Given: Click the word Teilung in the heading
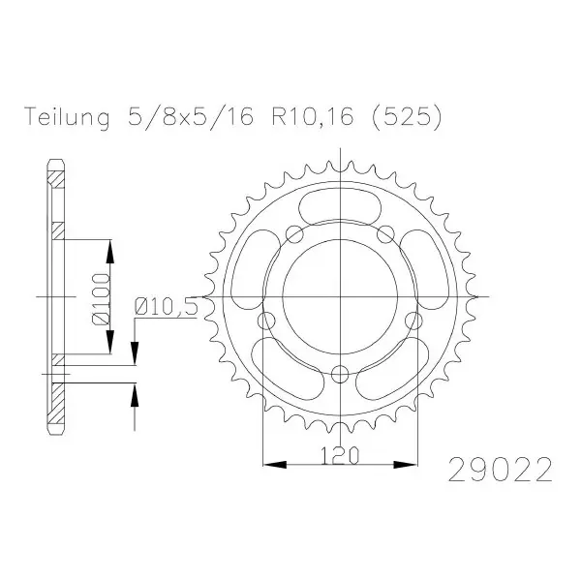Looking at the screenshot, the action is [x=67, y=117].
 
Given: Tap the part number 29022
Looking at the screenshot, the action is [x=501, y=470].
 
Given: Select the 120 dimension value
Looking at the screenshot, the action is [x=340, y=455].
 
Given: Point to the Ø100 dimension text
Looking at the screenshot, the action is [x=101, y=298].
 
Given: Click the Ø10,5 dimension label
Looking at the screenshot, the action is [x=166, y=307].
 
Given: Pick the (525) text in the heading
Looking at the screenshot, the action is [x=407, y=117].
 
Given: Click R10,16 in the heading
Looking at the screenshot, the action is [x=313, y=117].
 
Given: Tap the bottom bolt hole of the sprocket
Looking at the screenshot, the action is [x=340, y=374].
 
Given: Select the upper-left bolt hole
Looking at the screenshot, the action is [x=295, y=234].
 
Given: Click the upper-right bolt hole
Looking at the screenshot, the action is [x=385, y=234].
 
